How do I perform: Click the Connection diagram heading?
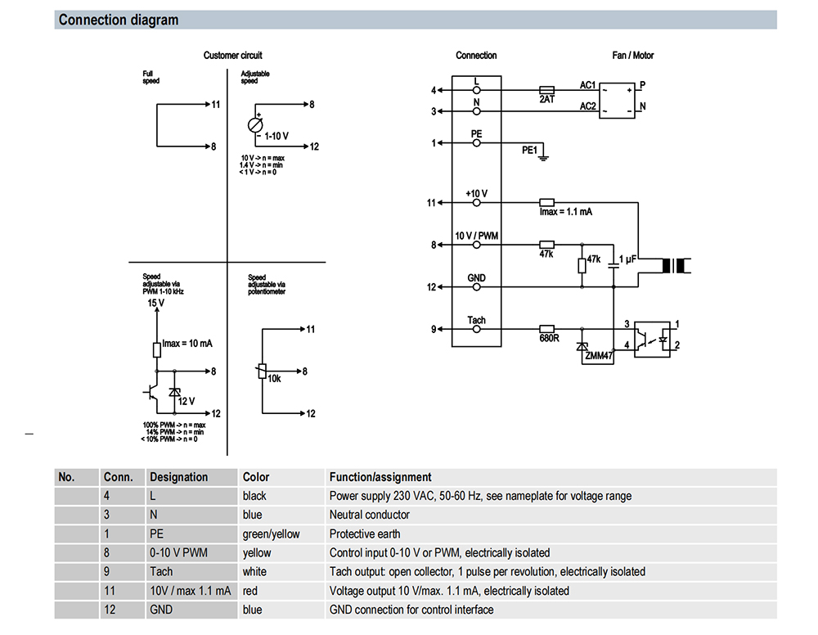click(119, 20)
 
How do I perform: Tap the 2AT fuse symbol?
click(547, 90)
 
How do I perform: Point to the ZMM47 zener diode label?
click(599, 357)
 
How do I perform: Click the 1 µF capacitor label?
click(628, 259)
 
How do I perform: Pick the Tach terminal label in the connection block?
click(476, 320)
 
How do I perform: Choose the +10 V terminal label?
click(476, 193)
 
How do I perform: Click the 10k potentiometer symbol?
click(262, 372)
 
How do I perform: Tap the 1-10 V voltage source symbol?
click(255, 125)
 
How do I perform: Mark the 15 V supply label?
click(155, 304)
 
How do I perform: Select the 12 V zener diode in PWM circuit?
click(173, 393)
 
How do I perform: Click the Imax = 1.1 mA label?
click(565, 212)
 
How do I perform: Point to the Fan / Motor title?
click(633, 56)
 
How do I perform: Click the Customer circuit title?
click(233, 56)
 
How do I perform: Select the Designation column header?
click(178, 477)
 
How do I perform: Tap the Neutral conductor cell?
click(370, 515)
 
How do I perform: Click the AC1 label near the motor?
click(587, 85)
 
